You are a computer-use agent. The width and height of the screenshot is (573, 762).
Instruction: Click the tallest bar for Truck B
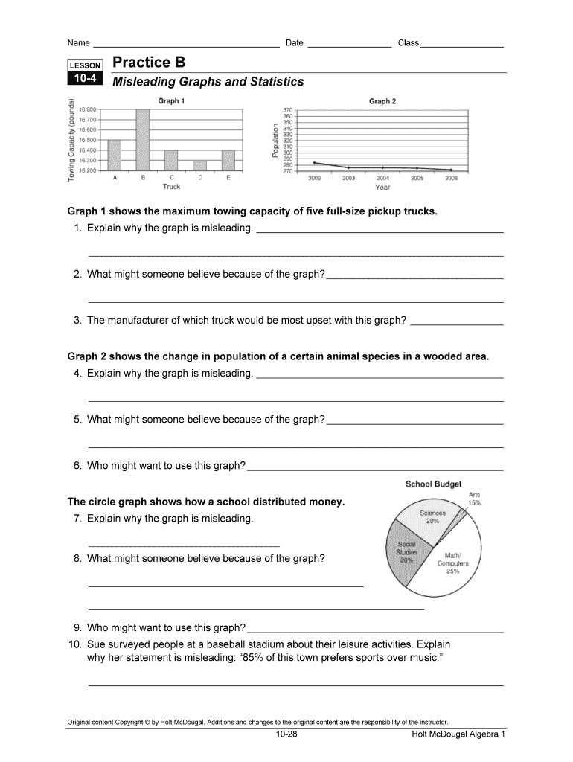(x=143, y=140)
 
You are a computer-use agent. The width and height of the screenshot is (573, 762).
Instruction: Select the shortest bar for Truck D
(x=199, y=165)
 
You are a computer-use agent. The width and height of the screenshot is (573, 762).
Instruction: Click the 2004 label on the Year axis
(x=382, y=179)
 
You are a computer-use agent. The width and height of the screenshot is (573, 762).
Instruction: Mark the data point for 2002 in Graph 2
(x=315, y=162)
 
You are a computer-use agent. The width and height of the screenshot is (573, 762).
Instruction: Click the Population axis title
(x=275, y=141)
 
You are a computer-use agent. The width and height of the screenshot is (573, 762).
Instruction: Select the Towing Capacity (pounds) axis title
(x=71, y=141)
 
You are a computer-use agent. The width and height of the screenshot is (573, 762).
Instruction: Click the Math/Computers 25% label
(x=452, y=563)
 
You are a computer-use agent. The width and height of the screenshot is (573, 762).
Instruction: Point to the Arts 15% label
(x=474, y=499)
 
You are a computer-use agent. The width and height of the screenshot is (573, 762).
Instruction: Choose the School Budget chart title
(x=433, y=484)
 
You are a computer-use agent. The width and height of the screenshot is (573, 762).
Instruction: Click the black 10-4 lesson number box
(x=86, y=80)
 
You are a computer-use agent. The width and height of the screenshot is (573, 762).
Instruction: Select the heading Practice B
(x=149, y=63)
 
